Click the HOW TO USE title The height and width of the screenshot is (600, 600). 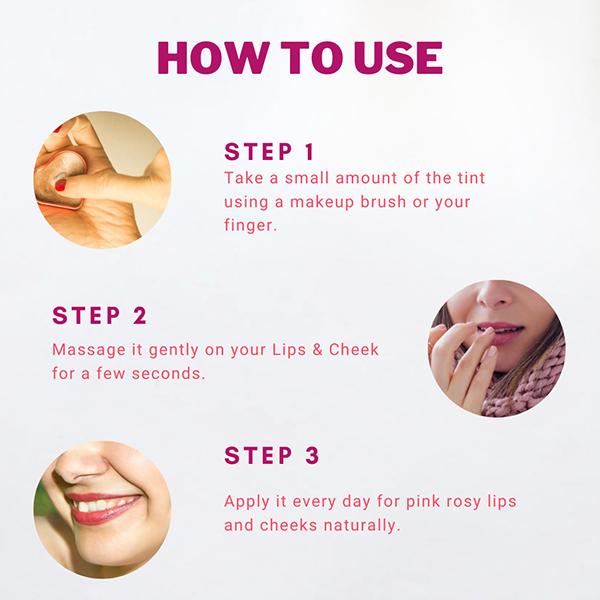point(300,58)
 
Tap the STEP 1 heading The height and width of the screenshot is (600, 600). point(269,153)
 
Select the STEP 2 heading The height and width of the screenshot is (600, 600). point(99,316)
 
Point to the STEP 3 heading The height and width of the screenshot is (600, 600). point(272,456)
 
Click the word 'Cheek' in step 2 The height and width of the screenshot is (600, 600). point(353,353)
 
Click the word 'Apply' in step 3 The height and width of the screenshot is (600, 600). point(248,500)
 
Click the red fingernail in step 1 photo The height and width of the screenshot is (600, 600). point(60,185)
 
